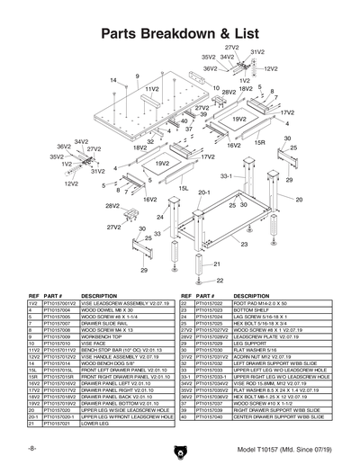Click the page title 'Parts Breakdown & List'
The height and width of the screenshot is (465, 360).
pyautogui.click(x=180, y=32)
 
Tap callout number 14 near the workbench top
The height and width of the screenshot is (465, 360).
pyautogui.click(x=113, y=80)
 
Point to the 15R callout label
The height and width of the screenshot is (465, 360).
pyautogui.click(x=259, y=143)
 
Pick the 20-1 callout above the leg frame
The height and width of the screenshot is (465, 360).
pyautogui.click(x=203, y=192)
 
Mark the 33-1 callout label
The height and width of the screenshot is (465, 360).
pyautogui.click(x=226, y=176)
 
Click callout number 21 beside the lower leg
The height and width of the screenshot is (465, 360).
pyautogui.click(x=217, y=264)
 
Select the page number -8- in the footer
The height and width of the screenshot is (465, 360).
pyautogui.click(x=32, y=447)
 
